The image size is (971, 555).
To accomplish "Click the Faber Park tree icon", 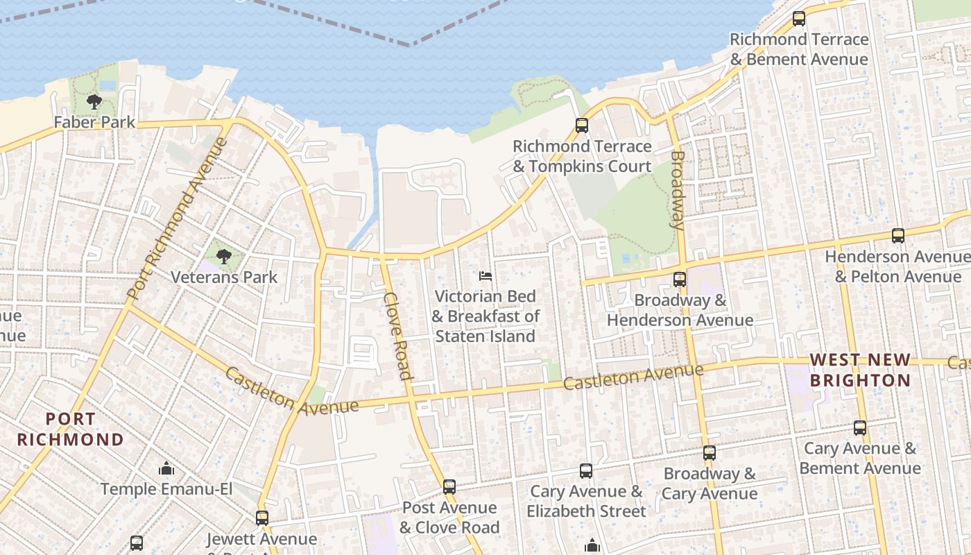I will pyautogui.click(x=94, y=103).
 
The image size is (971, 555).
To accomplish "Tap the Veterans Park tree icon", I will pyautogui.click(x=223, y=257).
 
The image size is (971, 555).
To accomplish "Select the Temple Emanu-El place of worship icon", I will pyautogui.click(x=166, y=469).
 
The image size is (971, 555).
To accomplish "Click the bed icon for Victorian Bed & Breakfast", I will pyautogui.click(x=486, y=276).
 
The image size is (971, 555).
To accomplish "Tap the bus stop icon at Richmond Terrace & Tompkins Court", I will pyautogui.click(x=582, y=126).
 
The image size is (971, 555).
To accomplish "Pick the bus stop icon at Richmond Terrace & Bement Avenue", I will pyautogui.click(x=799, y=19).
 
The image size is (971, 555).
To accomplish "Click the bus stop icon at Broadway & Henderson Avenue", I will pyautogui.click(x=680, y=280).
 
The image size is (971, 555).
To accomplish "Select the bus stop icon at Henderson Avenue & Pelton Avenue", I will pyautogui.click(x=898, y=236).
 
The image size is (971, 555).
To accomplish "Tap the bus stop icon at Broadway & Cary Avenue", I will pyautogui.click(x=709, y=453).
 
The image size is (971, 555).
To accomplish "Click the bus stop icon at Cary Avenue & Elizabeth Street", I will pyautogui.click(x=586, y=471).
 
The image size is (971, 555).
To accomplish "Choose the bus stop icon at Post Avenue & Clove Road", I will pyautogui.click(x=449, y=487).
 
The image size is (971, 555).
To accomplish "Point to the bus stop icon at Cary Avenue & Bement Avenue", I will pyautogui.click(x=860, y=428).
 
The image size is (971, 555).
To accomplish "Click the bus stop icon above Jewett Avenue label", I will pyautogui.click(x=261, y=518).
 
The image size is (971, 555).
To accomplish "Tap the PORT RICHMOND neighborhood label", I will pyautogui.click(x=70, y=429).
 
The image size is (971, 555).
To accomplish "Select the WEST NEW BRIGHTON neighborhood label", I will pyautogui.click(x=860, y=370).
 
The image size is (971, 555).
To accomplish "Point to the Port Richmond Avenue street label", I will pyautogui.click(x=178, y=219).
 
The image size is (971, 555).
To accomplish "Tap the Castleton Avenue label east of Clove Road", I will pyautogui.click(x=633, y=377).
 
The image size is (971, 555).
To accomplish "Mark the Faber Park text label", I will pyautogui.click(x=94, y=123).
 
